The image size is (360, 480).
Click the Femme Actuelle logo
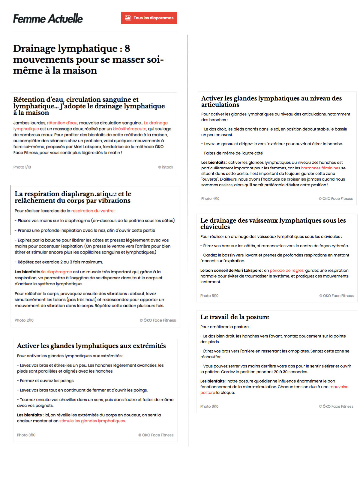[48, 19]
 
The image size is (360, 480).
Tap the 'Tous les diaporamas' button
[149, 18]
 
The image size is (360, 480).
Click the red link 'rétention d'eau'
[62, 123]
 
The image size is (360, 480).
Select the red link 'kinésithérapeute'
[129, 129]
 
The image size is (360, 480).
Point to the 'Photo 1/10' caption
[22, 167]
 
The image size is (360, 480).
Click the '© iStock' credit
[166, 167]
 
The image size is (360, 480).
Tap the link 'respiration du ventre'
[92, 211]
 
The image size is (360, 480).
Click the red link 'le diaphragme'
[57, 272]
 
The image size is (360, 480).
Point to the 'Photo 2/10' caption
[24, 320]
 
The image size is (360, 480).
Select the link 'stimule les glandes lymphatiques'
[92, 421]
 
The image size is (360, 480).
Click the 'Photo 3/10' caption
[26, 435]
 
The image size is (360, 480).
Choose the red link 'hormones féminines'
[320, 168]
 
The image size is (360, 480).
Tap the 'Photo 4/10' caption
[210, 199]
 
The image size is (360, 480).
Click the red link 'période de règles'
[286, 270]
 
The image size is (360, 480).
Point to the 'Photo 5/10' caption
[209, 296]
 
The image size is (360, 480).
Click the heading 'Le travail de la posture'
[235, 317]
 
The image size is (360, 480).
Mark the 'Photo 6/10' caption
[209, 406]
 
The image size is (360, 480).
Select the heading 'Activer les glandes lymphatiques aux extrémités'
[91, 346]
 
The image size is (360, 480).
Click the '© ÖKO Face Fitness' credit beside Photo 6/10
[336, 406]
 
